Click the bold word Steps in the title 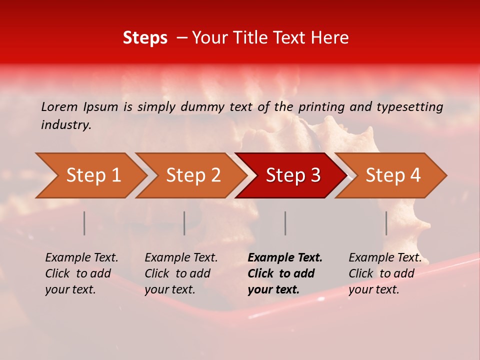click(145, 38)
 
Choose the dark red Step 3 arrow click(293, 175)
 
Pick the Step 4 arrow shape click(393, 175)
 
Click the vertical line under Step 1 click(84, 223)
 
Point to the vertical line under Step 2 click(184, 223)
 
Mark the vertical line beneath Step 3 click(285, 223)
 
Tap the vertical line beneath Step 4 click(386, 223)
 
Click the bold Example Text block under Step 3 click(285, 273)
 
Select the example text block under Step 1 click(81, 273)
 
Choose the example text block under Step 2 click(181, 273)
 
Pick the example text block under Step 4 click(385, 273)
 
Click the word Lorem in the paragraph click(59, 106)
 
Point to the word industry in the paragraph click(66, 125)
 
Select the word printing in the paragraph click(323, 106)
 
